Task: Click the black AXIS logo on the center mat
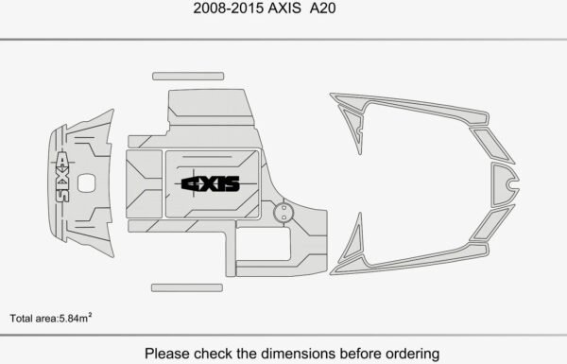[x=211, y=183]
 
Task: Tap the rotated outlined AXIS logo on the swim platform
[x=61, y=177]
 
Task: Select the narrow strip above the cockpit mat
[x=188, y=76]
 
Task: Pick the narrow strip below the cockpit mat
[x=187, y=287]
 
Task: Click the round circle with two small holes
[x=283, y=213]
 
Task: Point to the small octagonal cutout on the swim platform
[x=87, y=183]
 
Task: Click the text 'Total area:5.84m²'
[x=51, y=318]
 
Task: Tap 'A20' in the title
[x=322, y=8]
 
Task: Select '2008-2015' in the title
[x=228, y=8]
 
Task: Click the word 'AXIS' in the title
[x=284, y=8]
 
